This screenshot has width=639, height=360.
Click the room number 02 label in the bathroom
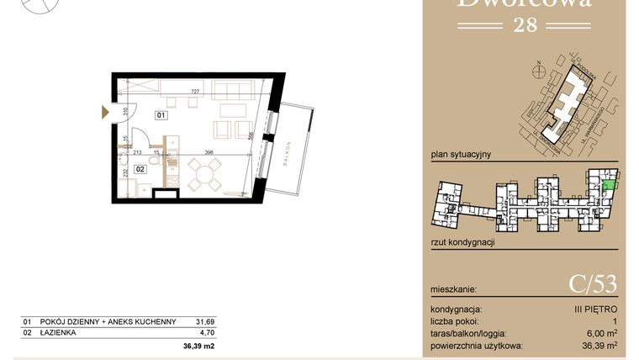click(x=140, y=169)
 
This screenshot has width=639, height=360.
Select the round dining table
click(x=203, y=176)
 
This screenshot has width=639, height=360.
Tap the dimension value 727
click(x=194, y=91)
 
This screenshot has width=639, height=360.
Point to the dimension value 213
click(x=137, y=153)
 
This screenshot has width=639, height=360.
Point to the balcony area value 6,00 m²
click(x=599, y=334)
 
